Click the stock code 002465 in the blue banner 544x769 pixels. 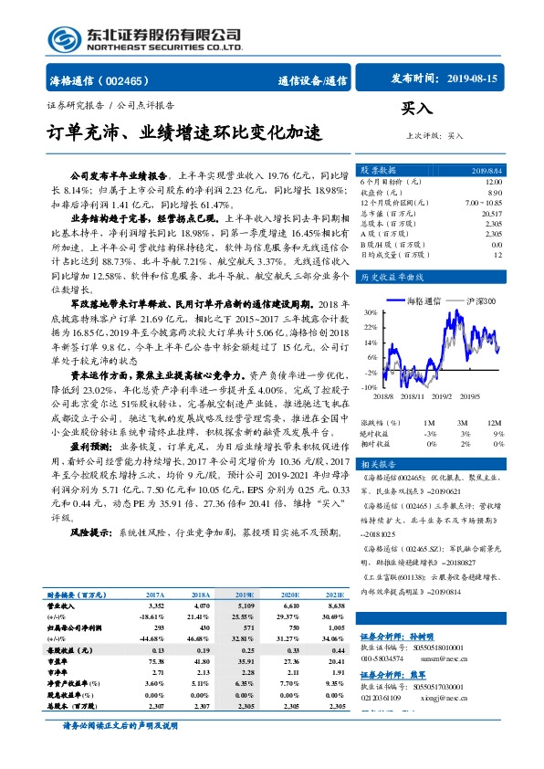pos(129,79)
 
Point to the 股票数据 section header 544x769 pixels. pos(377,171)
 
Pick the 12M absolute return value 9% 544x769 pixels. pos(497,433)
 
